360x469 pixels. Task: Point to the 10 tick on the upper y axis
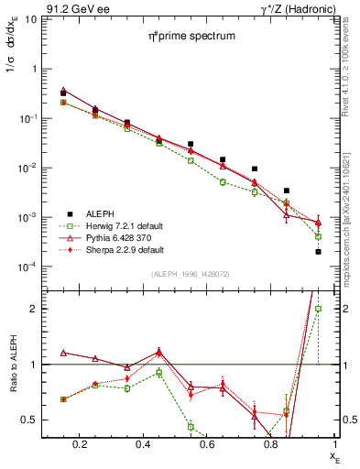point(29,19)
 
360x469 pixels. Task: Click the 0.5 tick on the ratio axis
point(27,420)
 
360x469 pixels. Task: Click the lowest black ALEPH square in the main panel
point(318,251)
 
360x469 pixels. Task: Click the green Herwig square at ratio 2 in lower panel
point(318,309)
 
